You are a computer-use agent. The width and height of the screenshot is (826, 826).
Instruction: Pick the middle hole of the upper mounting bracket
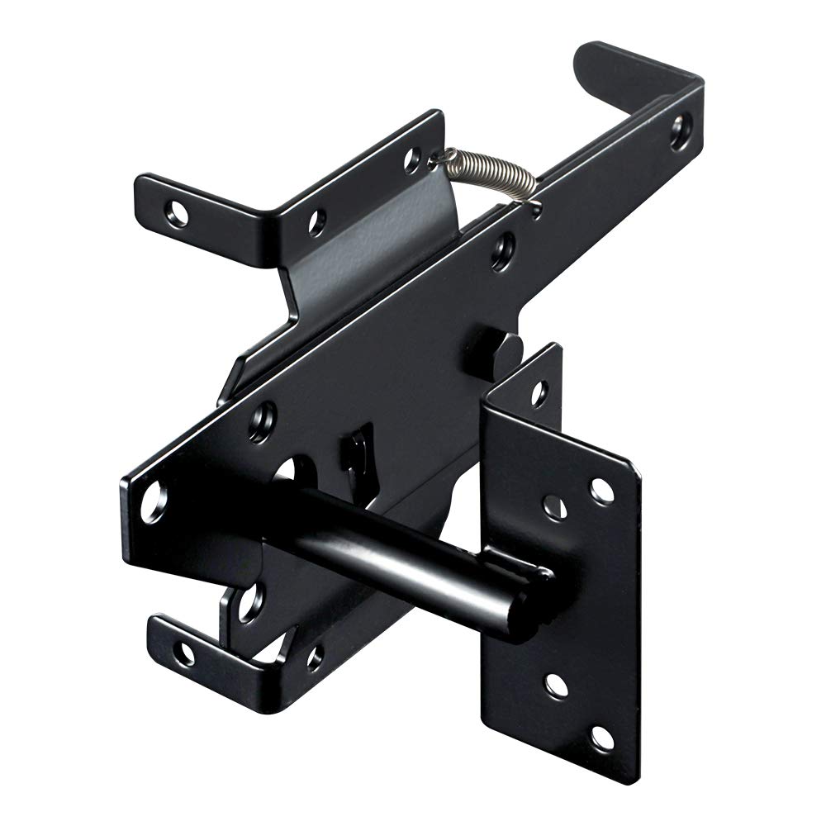(x=316, y=221)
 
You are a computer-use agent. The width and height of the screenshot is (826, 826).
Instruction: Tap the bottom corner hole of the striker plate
(x=601, y=738)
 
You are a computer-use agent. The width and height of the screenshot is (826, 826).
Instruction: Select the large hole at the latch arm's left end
(x=153, y=503)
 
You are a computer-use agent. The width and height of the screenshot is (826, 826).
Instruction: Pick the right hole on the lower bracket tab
(x=315, y=657)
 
